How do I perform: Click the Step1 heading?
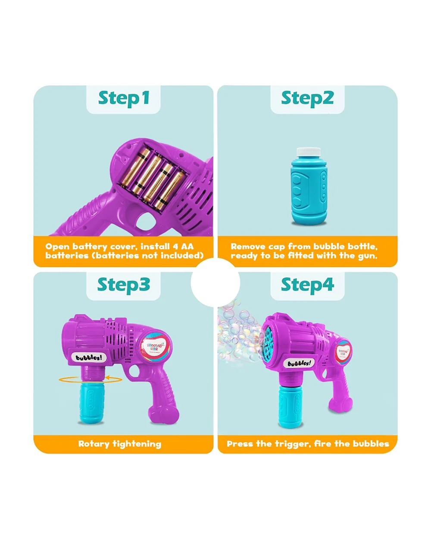[x=124, y=98]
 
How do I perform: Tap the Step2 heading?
[x=307, y=98]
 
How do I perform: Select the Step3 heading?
[x=124, y=285]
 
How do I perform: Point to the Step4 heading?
[x=307, y=285]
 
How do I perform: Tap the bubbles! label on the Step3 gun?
[x=89, y=357]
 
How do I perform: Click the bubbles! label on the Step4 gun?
[x=299, y=363]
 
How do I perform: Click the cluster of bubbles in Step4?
[x=238, y=333]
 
